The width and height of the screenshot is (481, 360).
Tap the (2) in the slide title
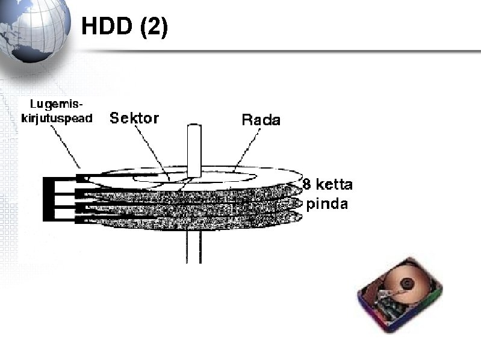coord(154,26)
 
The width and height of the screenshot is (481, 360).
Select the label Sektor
coord(134,118)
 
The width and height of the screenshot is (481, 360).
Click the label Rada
coord(261,120)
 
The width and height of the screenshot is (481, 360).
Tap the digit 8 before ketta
coord(307,184)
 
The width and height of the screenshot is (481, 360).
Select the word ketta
coord(335,184)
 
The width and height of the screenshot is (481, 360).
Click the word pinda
coord(327,203)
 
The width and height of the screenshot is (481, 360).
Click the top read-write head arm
coord(84,178)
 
